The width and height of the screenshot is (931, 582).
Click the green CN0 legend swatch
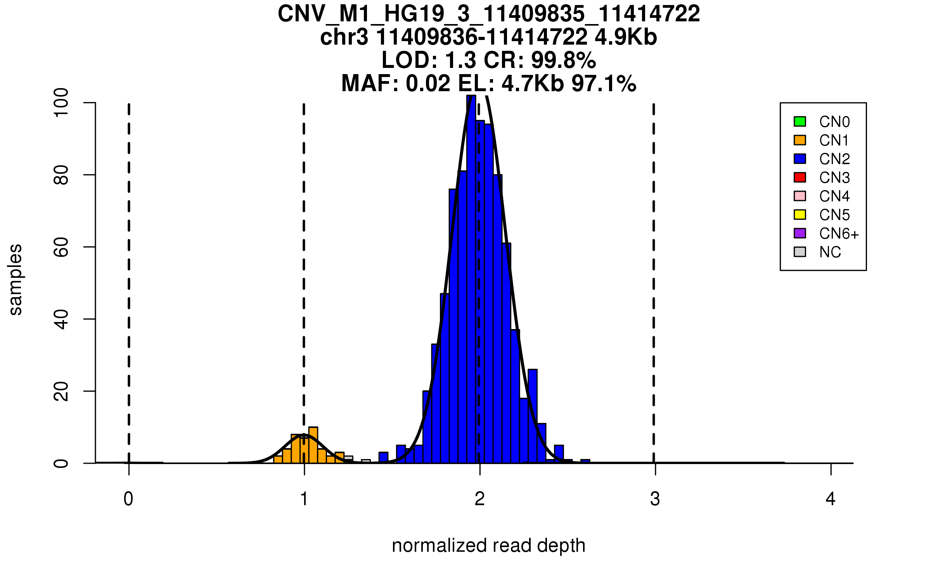[x=800, y=121]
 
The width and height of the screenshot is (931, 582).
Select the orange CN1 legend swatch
[x=800, y=140]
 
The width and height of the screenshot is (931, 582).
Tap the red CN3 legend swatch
[x=800, y=177]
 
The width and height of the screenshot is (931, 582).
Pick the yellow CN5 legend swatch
[x=800, y=215]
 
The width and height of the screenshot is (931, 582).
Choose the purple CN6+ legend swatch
[x=800, y=233]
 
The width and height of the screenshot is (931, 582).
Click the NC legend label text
[x=830, y=253]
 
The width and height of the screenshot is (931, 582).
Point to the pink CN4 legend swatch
[x=800, y=196]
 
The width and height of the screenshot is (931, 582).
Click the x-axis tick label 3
[x=655, y=499]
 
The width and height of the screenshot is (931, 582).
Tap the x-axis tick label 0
[x=128, y=499]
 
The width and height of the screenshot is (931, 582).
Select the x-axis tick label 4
[x=831, y=499]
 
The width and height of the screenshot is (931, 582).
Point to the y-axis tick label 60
[x=62, y=247]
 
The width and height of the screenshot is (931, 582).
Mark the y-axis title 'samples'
[x=16, y=280]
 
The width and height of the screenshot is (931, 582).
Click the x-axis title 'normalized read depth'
[x=488, y=546]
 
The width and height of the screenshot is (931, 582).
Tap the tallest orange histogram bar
[x=313, y=445]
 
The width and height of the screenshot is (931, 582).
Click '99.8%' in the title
[x=563, y=61]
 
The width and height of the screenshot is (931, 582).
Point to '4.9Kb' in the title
[x=626, y=38]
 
